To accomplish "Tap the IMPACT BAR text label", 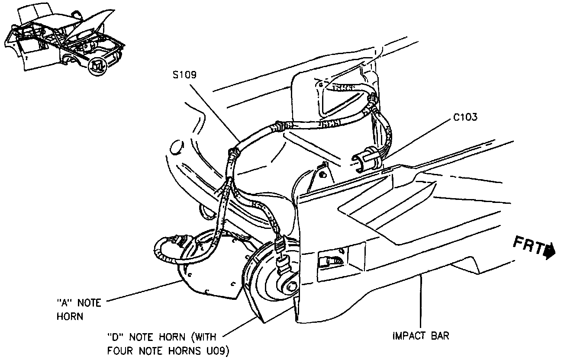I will [420, 336].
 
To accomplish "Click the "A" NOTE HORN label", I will [78, 309].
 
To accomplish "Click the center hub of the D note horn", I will [291, 286].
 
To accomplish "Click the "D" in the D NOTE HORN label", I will [114, 337].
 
